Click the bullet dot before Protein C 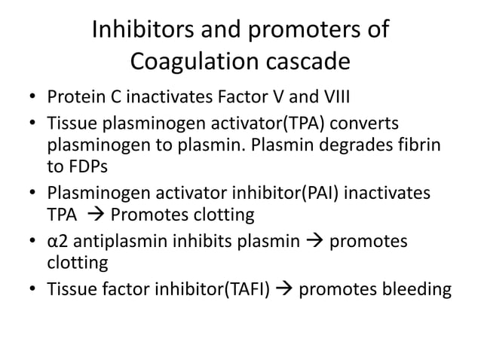tap(32, 99)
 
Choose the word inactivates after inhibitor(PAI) tap(383, 194)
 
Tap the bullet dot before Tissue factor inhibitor tap(32, 291)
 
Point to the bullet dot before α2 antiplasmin tap(32, 241)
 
